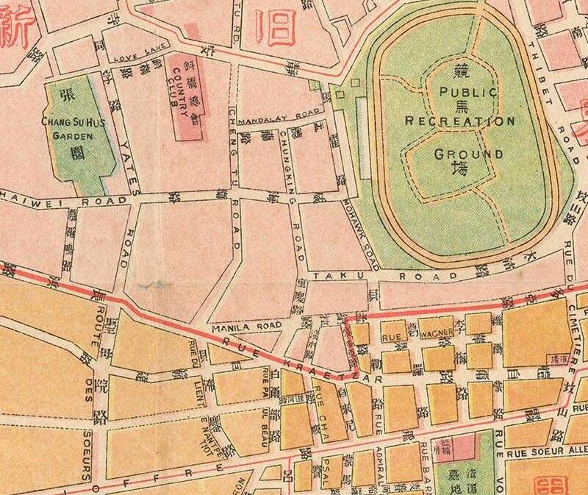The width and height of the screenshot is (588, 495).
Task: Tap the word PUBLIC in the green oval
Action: (468, 93)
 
